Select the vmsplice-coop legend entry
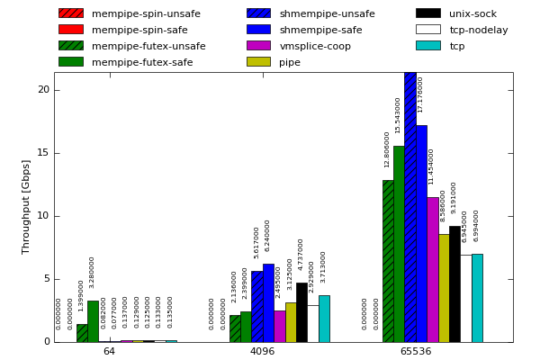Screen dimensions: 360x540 (315, 46)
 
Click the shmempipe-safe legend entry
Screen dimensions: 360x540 (320, 30)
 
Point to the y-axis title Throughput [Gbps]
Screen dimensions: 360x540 (26, 206)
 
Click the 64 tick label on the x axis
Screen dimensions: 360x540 (109, 352)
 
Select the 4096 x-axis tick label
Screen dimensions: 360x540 (262, 352)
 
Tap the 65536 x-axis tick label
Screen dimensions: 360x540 (415, 352)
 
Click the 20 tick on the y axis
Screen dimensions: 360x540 (43, 90)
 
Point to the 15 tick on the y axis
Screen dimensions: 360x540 (43, 153)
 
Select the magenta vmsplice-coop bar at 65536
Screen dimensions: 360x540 (432, 269)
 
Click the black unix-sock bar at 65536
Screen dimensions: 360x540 (454, 283)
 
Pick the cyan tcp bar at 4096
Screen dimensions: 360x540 (324, 319)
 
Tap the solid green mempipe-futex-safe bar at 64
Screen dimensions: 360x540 (93, 321)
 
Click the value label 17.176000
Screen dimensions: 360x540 (420, 94)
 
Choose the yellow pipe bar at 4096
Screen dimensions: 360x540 (291, 322)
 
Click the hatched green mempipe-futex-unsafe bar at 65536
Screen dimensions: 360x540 (388, 261)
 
